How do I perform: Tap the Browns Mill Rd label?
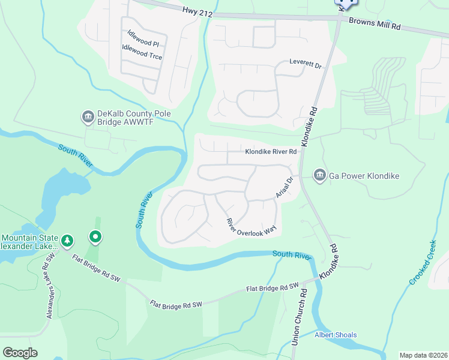[376, 26]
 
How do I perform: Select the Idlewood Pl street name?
[140, 44]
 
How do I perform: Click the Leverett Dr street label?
[306, 62]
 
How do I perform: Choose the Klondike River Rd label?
[271, 152]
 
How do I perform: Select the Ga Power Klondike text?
[364, 176]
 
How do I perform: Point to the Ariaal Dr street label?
[284, 188]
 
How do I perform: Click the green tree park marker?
[68, 241]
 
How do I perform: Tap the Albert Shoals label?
[336, 335]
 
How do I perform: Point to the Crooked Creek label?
[423, 263]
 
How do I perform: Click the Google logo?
[20, 352]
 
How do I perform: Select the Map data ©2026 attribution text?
[423, 355]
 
